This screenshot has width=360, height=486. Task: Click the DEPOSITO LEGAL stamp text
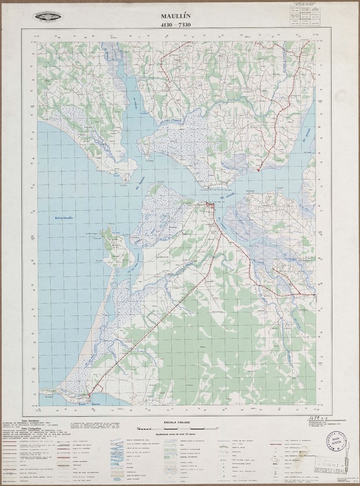point(328,470)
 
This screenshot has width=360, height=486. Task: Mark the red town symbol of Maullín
point(210,208)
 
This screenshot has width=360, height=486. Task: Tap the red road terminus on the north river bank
point(258,170)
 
